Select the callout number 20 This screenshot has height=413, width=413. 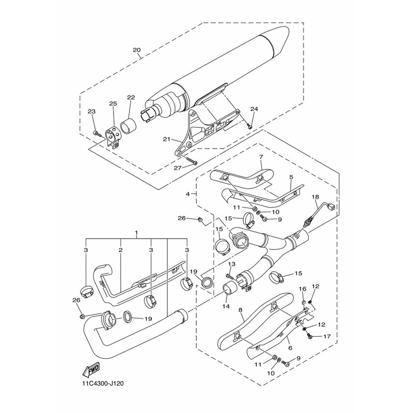[x=137, y=50]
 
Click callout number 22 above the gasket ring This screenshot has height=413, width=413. [x=131, y=97]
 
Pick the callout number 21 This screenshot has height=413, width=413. [x=166, y=139]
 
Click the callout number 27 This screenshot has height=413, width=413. [x=178, y=168]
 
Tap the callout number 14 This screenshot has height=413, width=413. [x=226, y=306]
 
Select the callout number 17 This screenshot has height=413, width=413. [x=327, y=337]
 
